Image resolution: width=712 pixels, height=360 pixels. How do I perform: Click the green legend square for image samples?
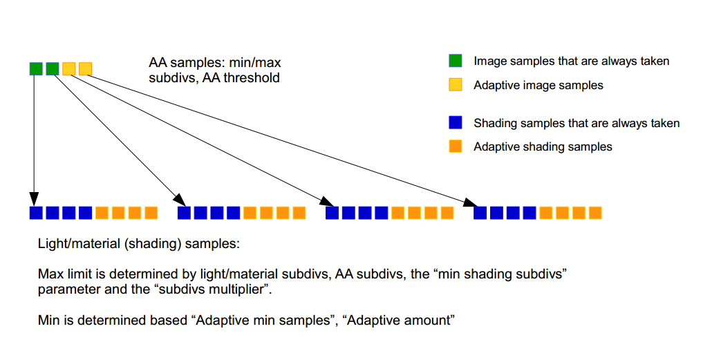tap(455, 61)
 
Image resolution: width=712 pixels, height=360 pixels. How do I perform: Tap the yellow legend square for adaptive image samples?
tap(455, 85)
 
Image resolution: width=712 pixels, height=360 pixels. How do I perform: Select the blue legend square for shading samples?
tap(455, 123)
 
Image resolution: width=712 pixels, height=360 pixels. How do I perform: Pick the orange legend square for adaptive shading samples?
tap(455, 146)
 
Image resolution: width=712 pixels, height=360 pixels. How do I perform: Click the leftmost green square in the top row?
tap(36, 68)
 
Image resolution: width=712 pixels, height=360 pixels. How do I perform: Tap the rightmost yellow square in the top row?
tap(85, 68)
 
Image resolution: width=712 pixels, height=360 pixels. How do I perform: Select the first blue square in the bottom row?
tap(36, 213)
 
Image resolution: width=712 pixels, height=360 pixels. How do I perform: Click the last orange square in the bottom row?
tap(596, 213)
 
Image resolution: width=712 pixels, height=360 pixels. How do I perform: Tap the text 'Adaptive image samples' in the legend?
tap(538, 85)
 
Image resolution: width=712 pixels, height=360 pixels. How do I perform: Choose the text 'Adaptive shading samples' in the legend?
tap(543, 146)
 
